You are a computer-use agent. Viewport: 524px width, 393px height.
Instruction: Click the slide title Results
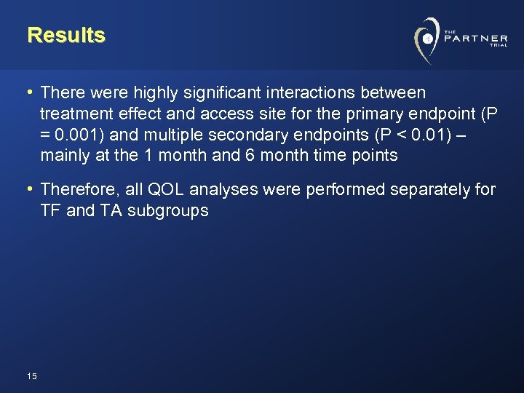[66, 35]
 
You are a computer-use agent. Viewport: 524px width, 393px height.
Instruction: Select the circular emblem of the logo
[427, 37]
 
